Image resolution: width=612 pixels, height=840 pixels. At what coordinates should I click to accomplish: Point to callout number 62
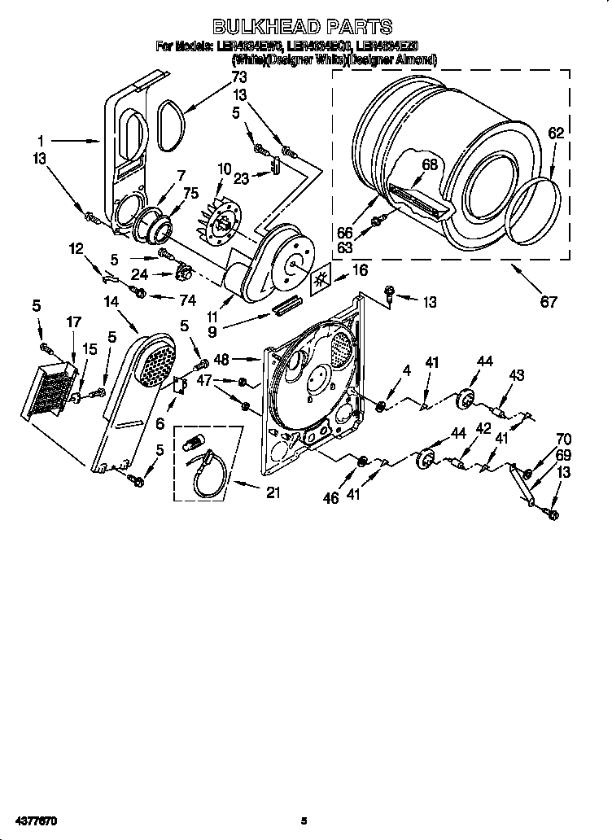point(555,132)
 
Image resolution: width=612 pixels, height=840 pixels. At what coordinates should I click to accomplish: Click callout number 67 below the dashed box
point(549,302)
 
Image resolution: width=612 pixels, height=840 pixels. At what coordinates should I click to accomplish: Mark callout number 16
point(358,269)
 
